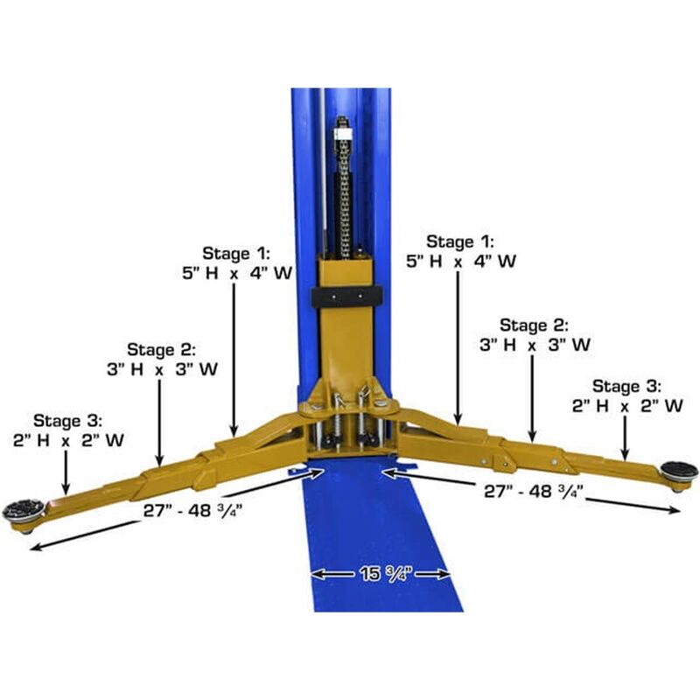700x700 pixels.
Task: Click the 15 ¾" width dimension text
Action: tap(381, 574)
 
